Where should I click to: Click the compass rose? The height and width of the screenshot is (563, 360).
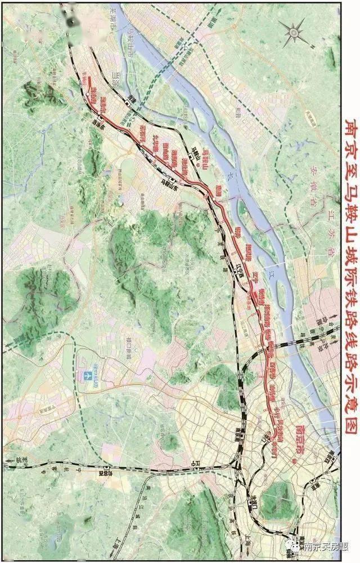293,33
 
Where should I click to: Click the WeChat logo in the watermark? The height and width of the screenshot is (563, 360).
293,546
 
